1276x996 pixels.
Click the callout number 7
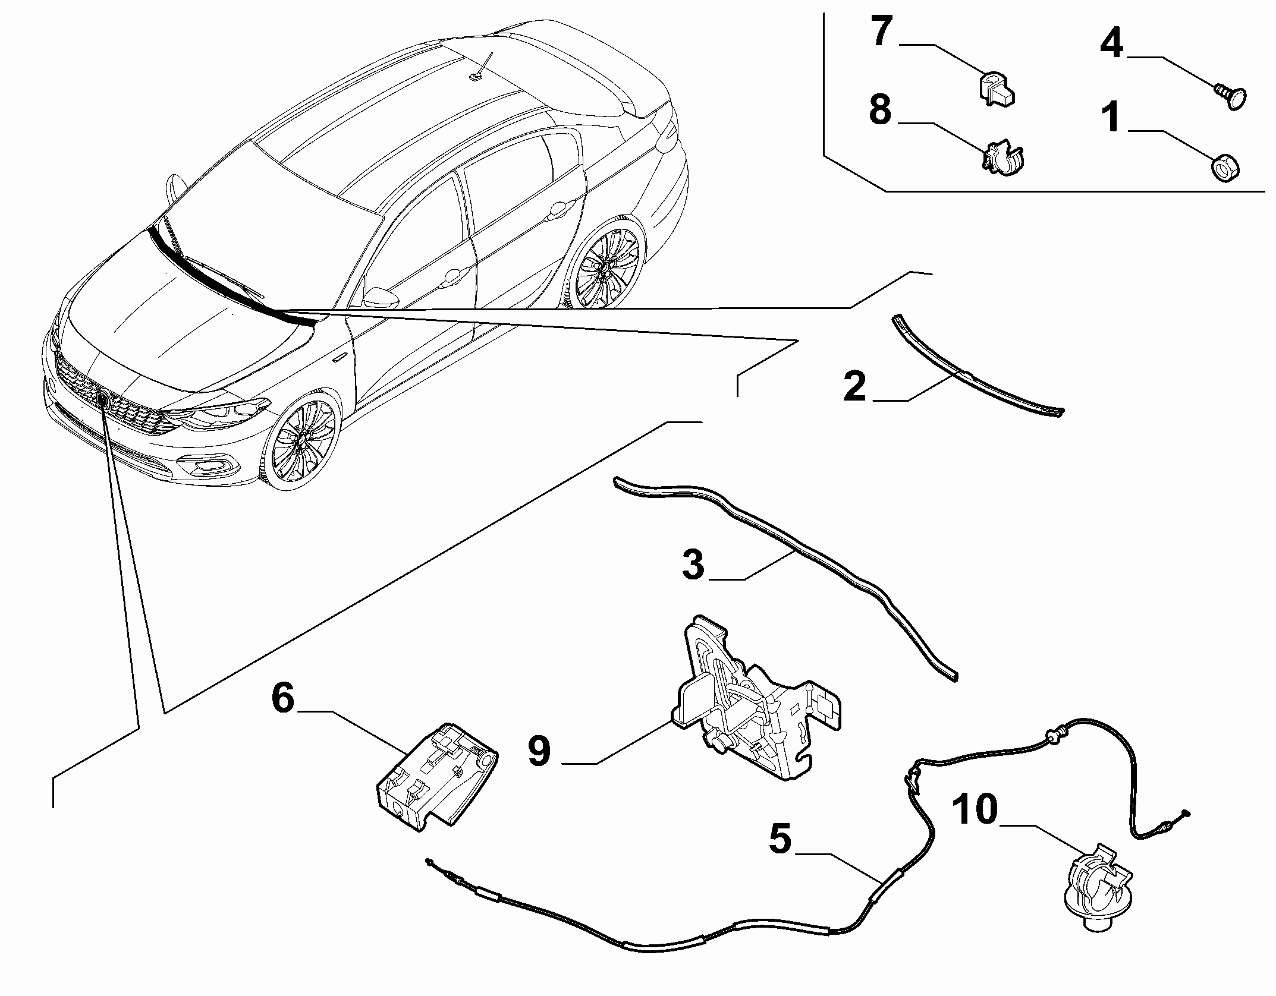882,33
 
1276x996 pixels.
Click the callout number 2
855,387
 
